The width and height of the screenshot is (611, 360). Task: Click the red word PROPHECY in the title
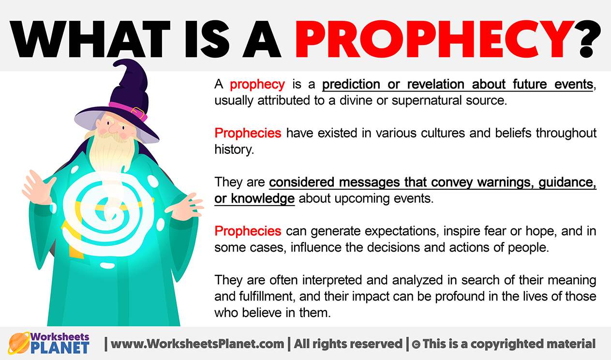[x=435, y=39]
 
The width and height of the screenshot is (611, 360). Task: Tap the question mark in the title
[x=589, y=40]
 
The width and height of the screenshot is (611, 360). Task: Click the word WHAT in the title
[x=90, y=39]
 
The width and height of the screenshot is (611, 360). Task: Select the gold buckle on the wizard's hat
[x=138, y=113]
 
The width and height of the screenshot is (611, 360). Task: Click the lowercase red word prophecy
[x=257, y=85]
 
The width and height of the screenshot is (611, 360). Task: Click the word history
[x=234, y=150]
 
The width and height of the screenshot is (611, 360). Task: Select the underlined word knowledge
[x=263, y=199]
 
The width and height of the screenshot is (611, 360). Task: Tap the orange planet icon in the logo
[x=19, y=343]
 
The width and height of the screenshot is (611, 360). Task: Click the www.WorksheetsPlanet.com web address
[x=197, y=344]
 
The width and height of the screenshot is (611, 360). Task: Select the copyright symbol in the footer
[x=416, y=345]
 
